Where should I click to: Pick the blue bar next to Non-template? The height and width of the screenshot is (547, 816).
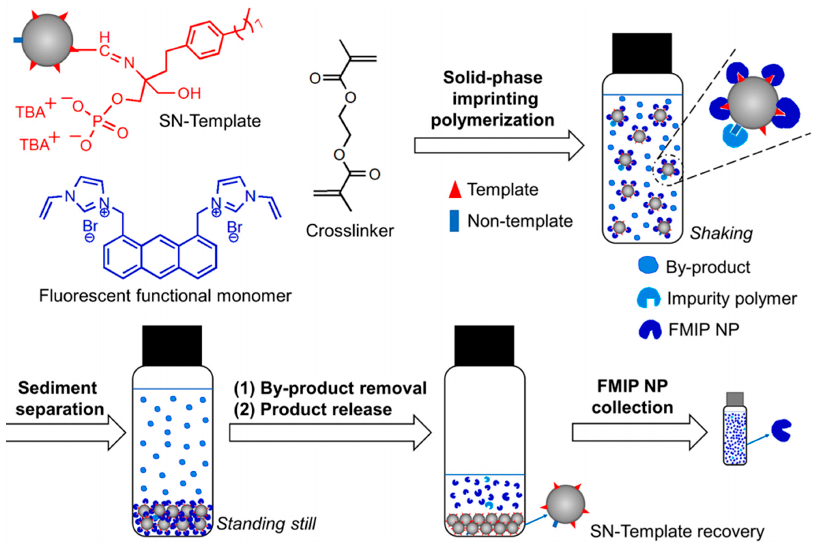point(454,221)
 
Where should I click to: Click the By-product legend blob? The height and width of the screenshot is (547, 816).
point(648,266)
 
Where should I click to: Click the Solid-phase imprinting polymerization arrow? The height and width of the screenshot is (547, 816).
point(499,146)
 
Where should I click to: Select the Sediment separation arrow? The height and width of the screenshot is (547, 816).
point(66,433)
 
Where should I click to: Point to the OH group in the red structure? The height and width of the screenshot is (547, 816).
point(189,93)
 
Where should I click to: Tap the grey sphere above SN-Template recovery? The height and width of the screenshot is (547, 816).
point(565,504)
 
